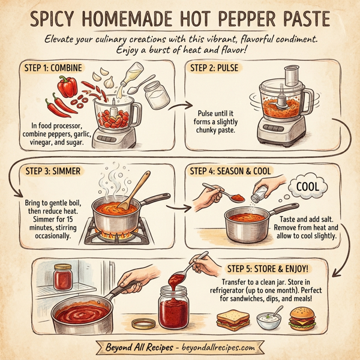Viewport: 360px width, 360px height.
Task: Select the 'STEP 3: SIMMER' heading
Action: pos(54,171)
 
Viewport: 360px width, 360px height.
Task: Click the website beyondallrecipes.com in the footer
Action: pos(217,348)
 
